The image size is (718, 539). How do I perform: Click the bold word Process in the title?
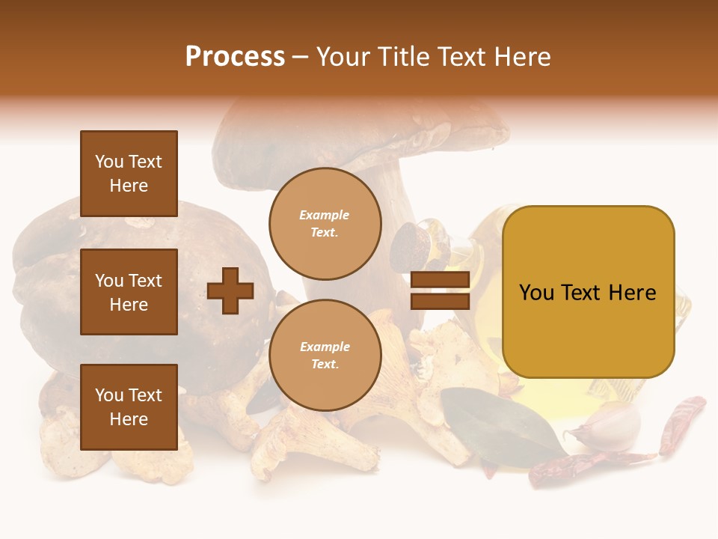(235, 57)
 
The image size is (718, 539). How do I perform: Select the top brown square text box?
(129, 174)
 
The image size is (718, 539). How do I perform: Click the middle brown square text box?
(129, 292)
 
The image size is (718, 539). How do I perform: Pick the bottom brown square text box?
(129, 407)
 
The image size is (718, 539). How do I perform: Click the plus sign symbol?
(230, 291)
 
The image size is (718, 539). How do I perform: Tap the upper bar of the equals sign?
(441, 280)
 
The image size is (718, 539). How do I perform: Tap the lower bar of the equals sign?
(441, 302)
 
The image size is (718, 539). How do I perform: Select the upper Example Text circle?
(325, 224)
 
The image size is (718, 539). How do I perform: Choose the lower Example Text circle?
(325, 356)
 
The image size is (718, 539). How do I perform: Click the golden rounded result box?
(588, 292)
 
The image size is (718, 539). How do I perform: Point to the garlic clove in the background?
(610, 427)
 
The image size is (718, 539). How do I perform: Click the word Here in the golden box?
(632, 293)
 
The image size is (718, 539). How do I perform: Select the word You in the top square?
(109, 162)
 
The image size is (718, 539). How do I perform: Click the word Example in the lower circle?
(325, 347)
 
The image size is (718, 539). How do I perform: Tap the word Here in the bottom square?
(129, 419)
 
